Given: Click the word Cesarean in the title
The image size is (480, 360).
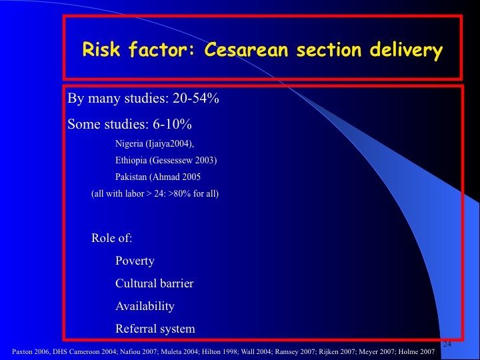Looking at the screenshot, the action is point(246,49).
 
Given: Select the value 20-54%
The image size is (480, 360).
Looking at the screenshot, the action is point(196,98).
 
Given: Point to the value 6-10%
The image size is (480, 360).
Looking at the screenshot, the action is point(173,124).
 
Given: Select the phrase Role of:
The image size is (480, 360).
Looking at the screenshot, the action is point(112,238).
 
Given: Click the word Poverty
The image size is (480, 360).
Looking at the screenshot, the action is point(135,261).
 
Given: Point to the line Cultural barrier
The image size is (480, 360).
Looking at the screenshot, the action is point(155,283).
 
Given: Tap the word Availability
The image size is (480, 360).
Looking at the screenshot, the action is point(145,306).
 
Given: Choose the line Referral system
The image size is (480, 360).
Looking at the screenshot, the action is point(155,329).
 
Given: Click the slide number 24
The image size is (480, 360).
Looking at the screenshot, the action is point(447,344).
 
